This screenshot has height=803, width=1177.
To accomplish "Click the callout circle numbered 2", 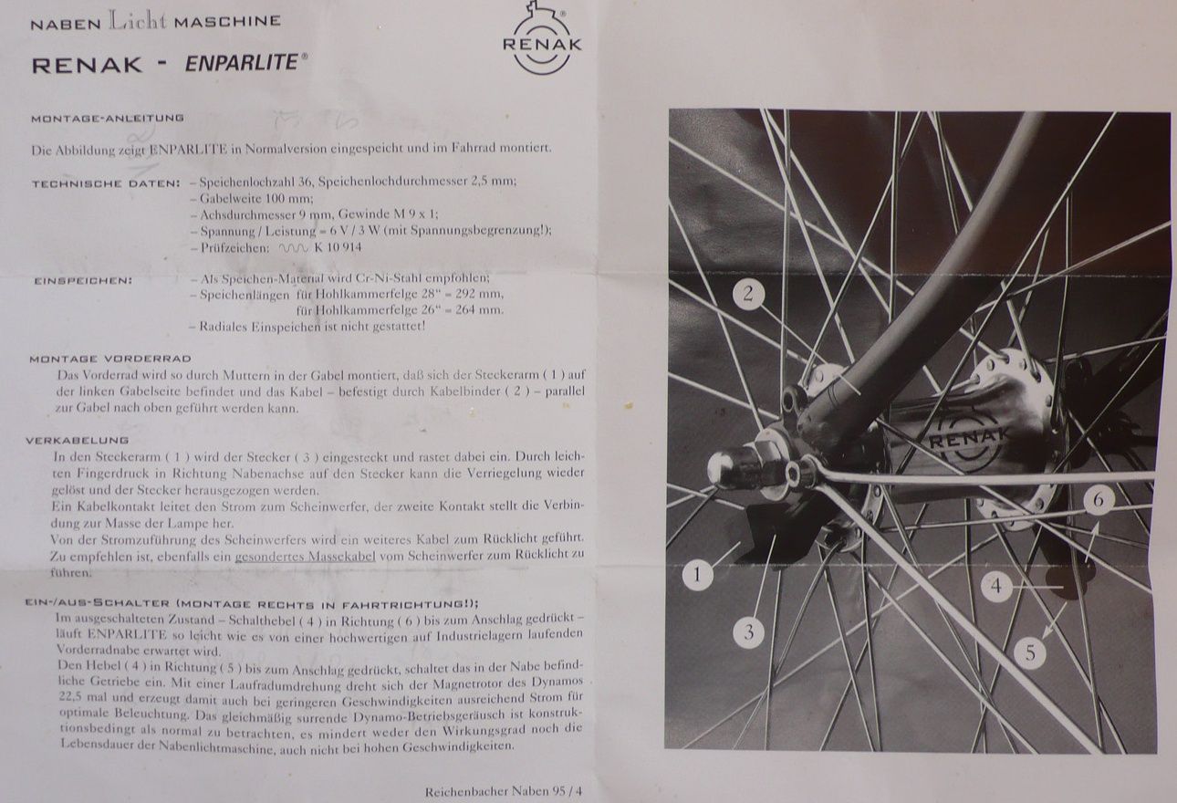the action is coord(748,294).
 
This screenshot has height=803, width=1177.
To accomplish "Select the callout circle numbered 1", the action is coord(697,574).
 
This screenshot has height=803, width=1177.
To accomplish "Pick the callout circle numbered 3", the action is coord(749,632).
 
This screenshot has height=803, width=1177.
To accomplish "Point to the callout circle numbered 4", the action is coord(996,586).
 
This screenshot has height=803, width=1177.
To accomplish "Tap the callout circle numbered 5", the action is coord(1030,653).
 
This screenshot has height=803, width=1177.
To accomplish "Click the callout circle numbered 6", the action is coord(1099,500).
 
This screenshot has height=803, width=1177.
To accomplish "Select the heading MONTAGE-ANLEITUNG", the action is coord(107,119).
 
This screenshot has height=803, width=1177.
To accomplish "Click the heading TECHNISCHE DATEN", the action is coord(106,184).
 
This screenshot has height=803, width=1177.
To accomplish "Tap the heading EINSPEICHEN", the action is coord(83,281).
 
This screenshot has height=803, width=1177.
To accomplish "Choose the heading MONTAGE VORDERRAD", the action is coord(110,359).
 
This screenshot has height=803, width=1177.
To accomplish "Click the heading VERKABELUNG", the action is coord(77,440).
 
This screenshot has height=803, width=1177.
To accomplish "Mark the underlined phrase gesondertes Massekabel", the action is coord(305,556).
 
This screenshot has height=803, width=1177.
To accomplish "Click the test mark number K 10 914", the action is coord(338,247).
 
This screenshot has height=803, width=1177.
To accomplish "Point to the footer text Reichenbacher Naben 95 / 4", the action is coord(504,791).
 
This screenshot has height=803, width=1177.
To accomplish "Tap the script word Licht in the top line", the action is coord(137,20).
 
